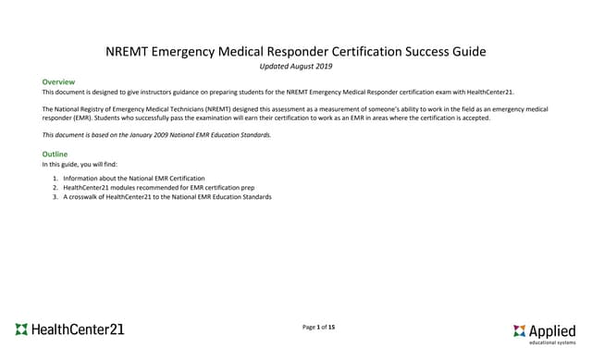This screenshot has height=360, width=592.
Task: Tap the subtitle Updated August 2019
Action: [x=296, y=67]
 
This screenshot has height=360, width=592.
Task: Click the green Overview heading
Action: [x=58, y=82]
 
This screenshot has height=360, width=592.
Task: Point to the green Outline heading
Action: [x=55, y=154]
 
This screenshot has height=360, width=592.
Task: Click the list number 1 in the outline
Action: [x=54, y=177]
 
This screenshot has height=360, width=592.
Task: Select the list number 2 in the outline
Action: [x=54, y=187]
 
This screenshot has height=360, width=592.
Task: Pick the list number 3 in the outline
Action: [x=54, y=197]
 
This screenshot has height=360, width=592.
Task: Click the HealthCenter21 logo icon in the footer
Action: [x=21, y=329]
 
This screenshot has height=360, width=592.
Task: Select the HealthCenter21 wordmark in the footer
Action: [x=78, y=329]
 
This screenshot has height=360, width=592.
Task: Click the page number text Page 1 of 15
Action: [x=319, y=327]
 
